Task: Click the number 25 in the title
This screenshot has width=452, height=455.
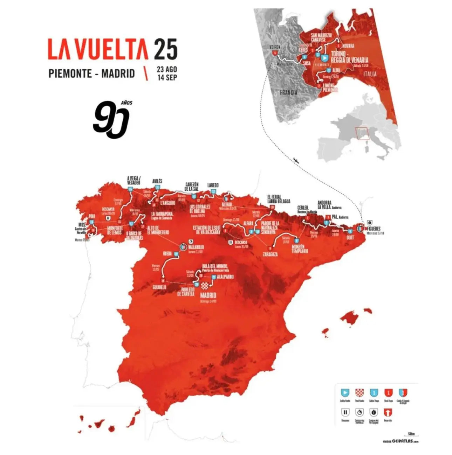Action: coord(165,49)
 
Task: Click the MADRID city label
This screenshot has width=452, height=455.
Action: coord(208,295)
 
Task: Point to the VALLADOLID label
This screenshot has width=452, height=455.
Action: coord(196,247)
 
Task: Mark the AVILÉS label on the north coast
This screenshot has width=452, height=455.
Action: coord(157,181)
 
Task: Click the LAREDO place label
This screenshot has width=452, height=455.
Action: coord(213,185)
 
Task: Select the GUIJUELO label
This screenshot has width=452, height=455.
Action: coord(159,287)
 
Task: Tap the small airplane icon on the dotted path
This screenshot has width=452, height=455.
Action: coord(296,160)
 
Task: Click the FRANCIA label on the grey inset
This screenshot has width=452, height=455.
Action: coord(289,93)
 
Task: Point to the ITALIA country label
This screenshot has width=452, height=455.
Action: coord(370,74)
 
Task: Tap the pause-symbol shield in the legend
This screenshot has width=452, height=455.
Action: coord(345,413)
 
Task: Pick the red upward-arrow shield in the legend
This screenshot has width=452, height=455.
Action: coord(388,413)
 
